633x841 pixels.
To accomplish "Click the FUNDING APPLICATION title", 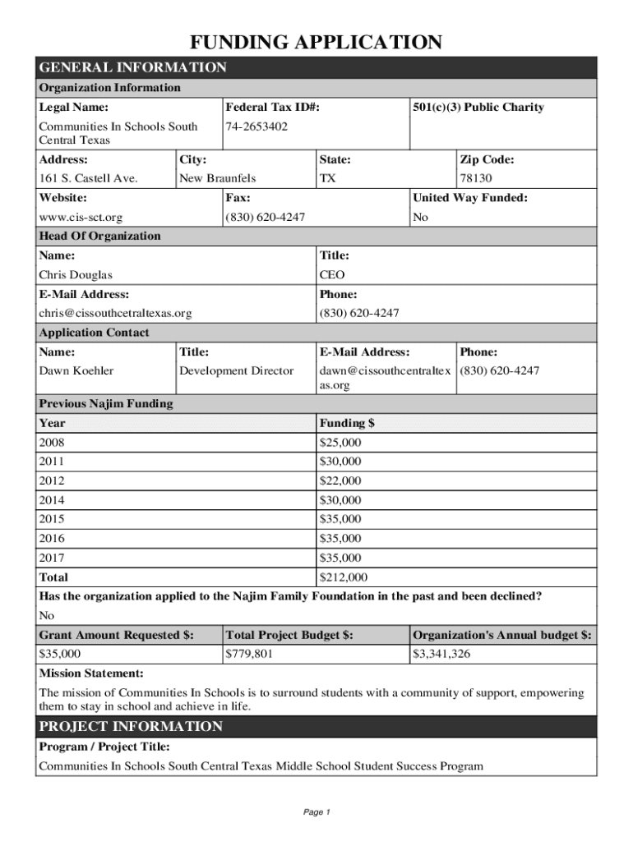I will coord(316,43).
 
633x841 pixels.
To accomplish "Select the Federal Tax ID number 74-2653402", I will coord(256,126).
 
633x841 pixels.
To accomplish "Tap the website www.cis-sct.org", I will coord(81,218).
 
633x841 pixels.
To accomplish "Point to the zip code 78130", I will coord(476,178).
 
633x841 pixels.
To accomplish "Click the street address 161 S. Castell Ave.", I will coord(88,178).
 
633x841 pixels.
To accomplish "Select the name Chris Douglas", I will coord(76,275).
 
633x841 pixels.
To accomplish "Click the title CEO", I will coord(332,275).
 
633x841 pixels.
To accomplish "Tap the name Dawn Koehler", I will coord(76,371).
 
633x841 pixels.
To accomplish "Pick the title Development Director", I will coord(236,371).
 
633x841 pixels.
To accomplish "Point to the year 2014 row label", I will coord(51,500).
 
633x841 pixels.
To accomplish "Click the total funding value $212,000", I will coord(343,577).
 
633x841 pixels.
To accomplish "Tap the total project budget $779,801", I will coord(249,655).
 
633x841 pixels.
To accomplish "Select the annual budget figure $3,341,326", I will coord(441,655).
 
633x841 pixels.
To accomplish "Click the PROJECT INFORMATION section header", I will coord(131,727).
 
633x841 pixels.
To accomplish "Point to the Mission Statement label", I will coord(91,673).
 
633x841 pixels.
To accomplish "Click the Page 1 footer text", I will coord(316,812).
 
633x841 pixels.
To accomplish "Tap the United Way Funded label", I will coord(469,198).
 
